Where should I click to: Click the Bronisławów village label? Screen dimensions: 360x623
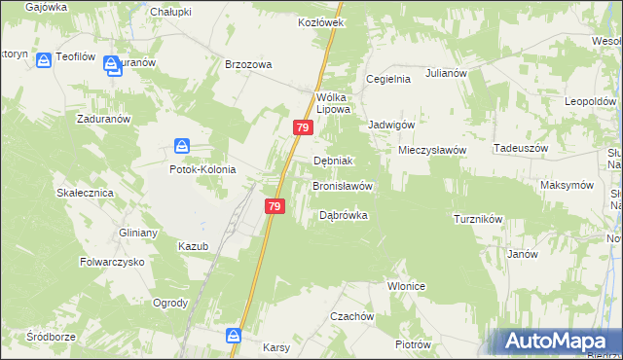(x=343, y=185)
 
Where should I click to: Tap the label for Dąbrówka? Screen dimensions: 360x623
(x=344, y=215)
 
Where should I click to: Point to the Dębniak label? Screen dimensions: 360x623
(x=333, y=161)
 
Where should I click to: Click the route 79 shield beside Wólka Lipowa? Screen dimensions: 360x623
(x=303, y=127)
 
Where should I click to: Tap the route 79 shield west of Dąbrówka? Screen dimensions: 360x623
(x=275, y=206)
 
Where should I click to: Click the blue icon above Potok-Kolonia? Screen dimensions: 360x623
(x=182, y=147)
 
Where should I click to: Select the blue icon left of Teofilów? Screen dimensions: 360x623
(x=44, y=59)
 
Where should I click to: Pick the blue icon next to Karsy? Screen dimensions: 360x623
(x=235, y=336)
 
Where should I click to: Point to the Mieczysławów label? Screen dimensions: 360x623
(x=433, y=151)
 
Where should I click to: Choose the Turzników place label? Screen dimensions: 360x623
(x=478, y=219)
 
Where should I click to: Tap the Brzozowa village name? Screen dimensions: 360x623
(x=248, y=64)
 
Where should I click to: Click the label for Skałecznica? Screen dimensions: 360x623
(x=86, y=194)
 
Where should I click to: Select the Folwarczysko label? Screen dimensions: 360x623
(x=112, y=263)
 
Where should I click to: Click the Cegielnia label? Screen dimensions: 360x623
(x=388, y=79)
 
